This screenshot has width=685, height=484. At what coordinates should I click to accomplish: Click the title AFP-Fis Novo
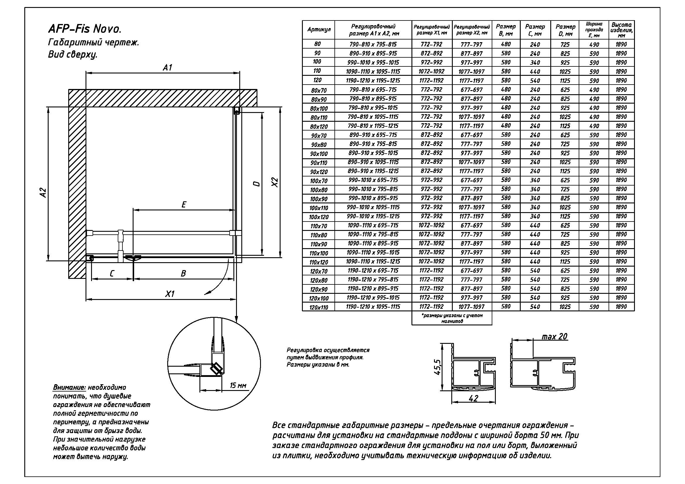[85, 29]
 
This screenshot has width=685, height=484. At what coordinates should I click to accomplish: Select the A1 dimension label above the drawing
[168, 68]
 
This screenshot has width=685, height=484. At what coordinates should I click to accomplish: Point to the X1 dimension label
[170, 294]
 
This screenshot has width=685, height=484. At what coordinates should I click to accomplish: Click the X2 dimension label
[275, 182]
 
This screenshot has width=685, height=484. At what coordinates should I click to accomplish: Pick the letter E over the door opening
[184, 205]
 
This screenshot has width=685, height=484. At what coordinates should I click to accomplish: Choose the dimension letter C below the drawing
[112, 273]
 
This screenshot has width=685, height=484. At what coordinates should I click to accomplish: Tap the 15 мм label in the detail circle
[238, 385]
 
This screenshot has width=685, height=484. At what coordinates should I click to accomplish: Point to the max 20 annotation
[554, 337]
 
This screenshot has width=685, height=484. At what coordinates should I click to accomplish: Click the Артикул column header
[319, 30]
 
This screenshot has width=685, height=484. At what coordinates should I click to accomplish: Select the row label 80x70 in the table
[319, 90]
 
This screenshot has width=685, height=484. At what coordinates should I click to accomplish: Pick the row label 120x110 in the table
[319, 307]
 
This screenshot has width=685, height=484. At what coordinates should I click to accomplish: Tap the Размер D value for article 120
[565, 81]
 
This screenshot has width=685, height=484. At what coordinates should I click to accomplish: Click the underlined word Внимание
[69, 387]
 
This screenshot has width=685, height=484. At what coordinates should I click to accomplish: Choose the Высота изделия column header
[621, 30]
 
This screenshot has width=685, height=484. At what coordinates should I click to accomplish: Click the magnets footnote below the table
[452, 318]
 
